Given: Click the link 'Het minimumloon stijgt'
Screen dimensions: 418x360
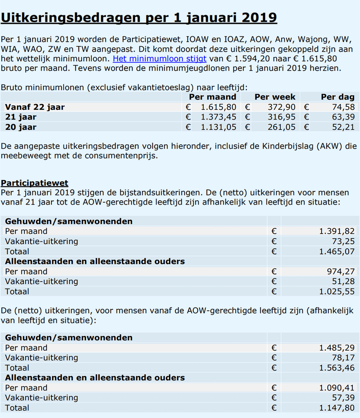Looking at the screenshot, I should (x=159, y=59).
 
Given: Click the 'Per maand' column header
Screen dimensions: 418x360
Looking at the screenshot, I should (x=212, y=97).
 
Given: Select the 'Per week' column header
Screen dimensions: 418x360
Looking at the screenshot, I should (x=275, y=97).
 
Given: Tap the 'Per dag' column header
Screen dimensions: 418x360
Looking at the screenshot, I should (x=337, y=97).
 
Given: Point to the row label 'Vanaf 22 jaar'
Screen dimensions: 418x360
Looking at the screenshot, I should (x=35, y=107).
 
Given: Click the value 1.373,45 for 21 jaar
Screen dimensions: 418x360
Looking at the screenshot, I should (x=218, y=117).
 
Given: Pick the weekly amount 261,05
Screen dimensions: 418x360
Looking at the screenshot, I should (x=282, y=127).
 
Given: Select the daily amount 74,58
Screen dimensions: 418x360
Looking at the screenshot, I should (x=342, y=107).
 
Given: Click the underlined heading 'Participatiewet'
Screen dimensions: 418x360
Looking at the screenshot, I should (x=35, y=183).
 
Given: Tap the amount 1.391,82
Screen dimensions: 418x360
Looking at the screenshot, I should (x=337, y=232).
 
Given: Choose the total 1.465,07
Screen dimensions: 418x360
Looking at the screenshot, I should (x=337, y=251).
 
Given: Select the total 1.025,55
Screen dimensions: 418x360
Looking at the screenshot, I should (x=337, y=291).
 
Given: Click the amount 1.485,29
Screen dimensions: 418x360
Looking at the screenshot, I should (x=337, y=348).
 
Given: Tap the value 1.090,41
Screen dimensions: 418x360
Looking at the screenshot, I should (x=337, y=388).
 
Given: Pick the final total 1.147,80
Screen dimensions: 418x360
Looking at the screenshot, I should (x=337, y=408).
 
